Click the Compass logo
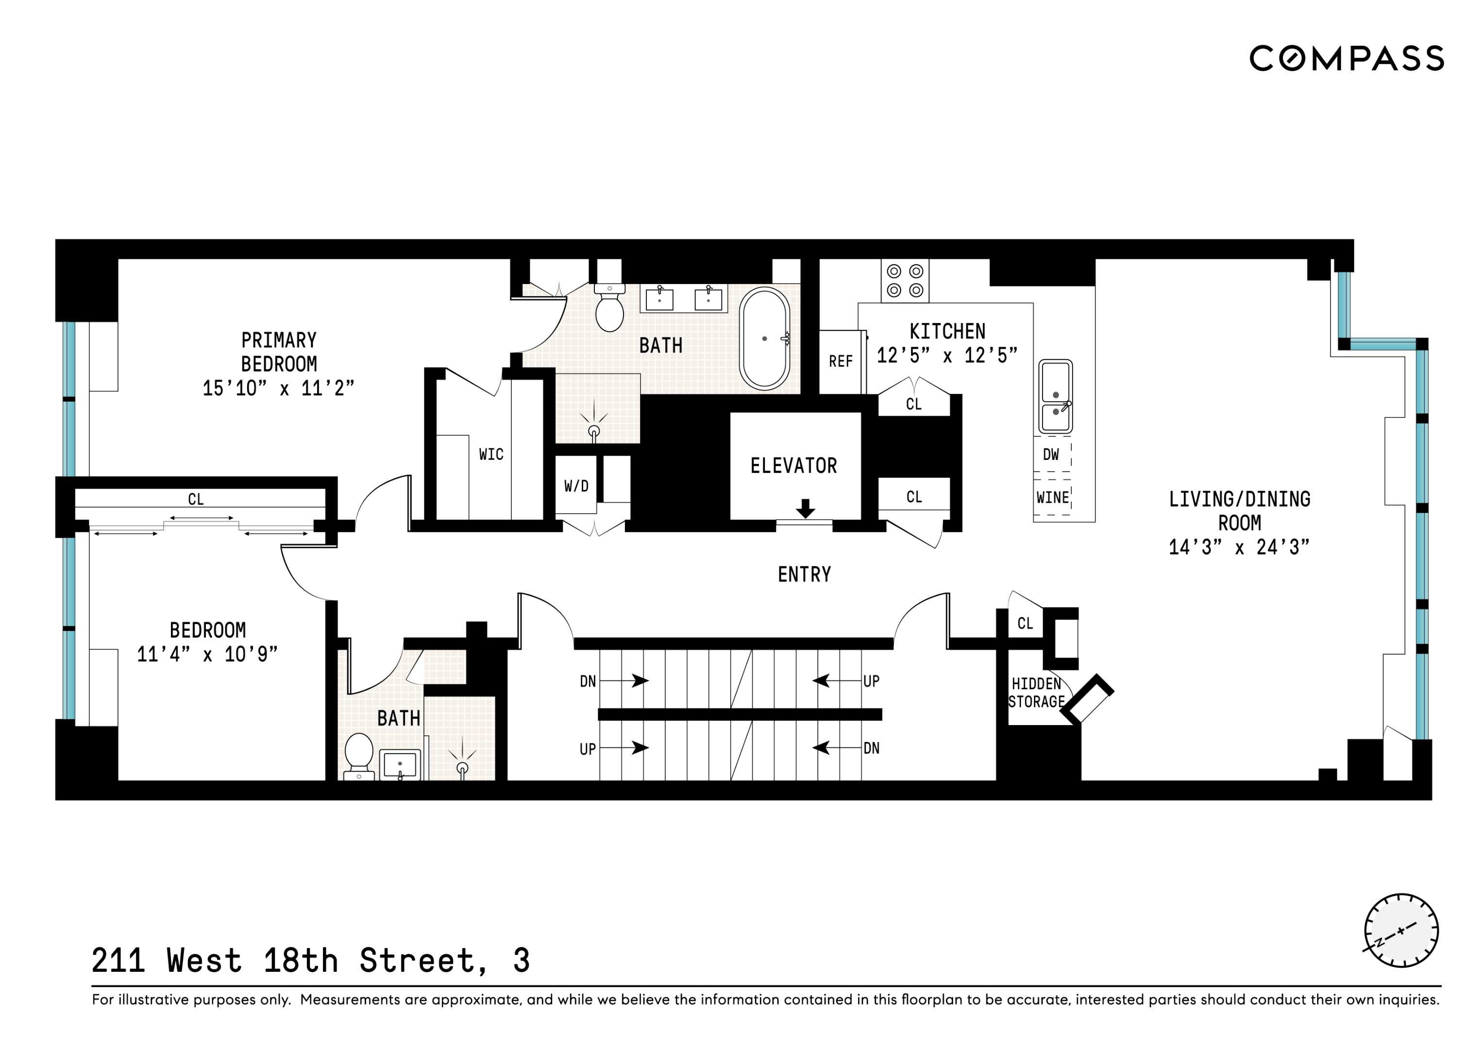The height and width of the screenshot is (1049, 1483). pos(1346,58)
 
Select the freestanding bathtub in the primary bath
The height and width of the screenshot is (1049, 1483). pos(765,338)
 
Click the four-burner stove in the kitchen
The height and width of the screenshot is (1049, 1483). pos(905,281)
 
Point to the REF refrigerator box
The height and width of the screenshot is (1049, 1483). pos(841,361)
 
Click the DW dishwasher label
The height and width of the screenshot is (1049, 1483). pos(1051,454)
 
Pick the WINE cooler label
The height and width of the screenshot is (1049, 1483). pos(1052,497)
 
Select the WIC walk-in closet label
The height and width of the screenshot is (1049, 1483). pos(491,454)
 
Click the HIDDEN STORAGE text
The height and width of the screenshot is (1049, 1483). pos(1036,693)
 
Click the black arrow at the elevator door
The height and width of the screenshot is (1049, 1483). pos(805,508)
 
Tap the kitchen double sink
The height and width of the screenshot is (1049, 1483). pos(1055,396)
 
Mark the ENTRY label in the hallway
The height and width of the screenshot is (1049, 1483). pos(804,574)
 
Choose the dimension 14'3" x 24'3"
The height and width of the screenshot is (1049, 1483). pos(1239,547)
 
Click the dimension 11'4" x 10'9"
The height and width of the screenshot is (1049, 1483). pos(207,654)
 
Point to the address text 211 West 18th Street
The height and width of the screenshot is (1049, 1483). pos(310,961)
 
